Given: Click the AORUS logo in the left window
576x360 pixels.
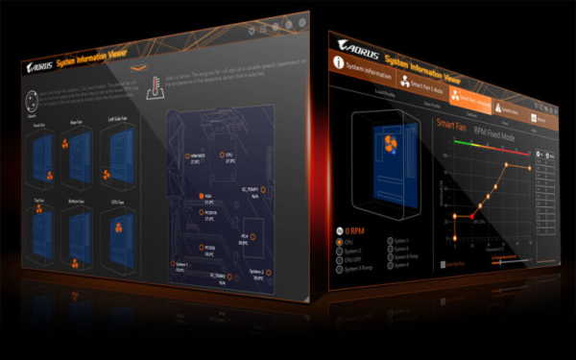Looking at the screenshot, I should click(38, 68).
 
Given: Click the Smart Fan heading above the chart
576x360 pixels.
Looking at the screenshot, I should click(451, 125).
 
